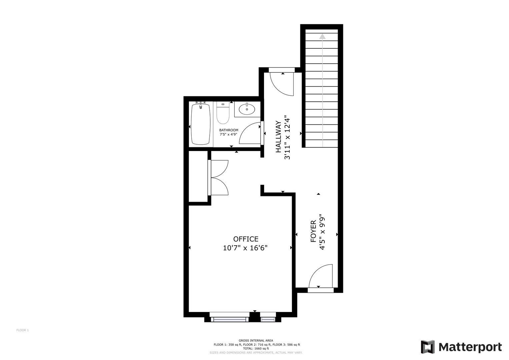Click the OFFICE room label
point(246,239)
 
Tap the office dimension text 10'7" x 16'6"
point(245,248)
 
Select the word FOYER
point(313,231)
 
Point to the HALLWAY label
point(278,137)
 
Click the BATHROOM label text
point(229,130)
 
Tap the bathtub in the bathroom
point(200,124)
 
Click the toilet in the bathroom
point(223,113)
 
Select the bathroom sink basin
point(247,109)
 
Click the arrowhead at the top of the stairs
point(322,36)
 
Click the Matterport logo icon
point(428,347)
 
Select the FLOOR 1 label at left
point(22,330)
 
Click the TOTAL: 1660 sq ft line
point(256,348)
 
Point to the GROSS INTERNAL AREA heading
point(256,341)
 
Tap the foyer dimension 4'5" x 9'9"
point(322,232)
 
